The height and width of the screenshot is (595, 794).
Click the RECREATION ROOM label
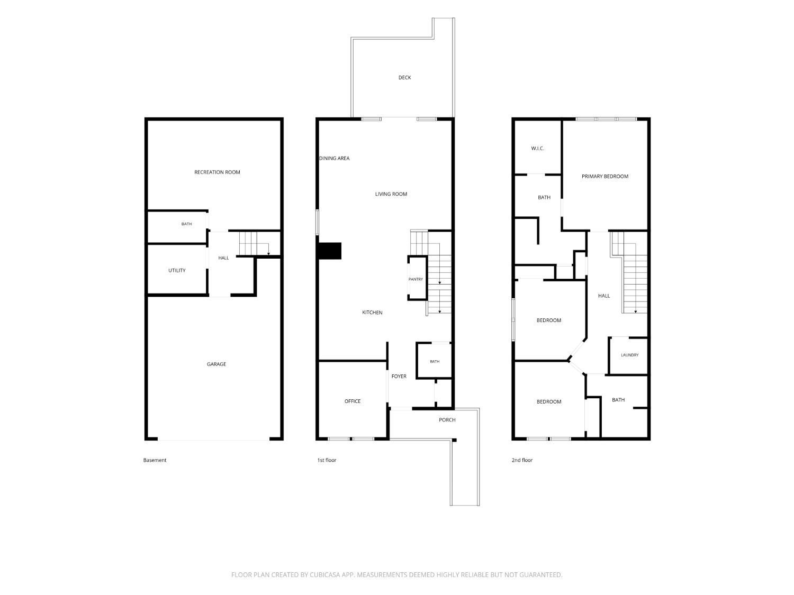pyautogui.click(x=217, y=172)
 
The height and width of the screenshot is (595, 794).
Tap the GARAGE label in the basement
pyautogui.click(x=216, y=364)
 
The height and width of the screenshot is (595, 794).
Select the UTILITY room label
pyautogui.click(x=177, y=270)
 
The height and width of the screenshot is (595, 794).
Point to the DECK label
pyautogui.click(x=404, y=77)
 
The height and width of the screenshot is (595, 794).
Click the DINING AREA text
pyautogui.click(x=334, y=158)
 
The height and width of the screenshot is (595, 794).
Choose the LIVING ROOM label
pyautogui.click(x=391, y=194)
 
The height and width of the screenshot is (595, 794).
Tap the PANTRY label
pyautogui.click(x=416, y=279)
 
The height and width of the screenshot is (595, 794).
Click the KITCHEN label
pyautogui.click(x=372, y=313)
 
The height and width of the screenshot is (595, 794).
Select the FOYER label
pyautogui.click(x=399, y=377)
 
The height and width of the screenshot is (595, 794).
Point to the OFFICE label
pyautogui.click(x=353, y=401)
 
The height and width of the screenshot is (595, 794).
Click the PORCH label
pyautogui.click(x=447, y=420)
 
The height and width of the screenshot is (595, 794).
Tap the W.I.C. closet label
pyautogui.click(x=537, y=149)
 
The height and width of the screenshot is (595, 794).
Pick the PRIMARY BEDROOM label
pyautogui.click(x=605, y=176)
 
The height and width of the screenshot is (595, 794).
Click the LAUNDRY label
pyautogui.click(x=629, y=355)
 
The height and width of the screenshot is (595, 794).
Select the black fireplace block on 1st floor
pyautogui.click(x=330, y=251)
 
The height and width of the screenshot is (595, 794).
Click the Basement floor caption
pyautogui.click(x=155, y=460)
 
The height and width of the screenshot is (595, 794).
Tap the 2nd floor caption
pyautogui.click(x=522, y=460)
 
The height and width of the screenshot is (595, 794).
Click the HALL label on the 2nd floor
pyautogui.click(x=604, y=296)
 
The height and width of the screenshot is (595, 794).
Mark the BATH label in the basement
pyautogui.click(x=186, y=224)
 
